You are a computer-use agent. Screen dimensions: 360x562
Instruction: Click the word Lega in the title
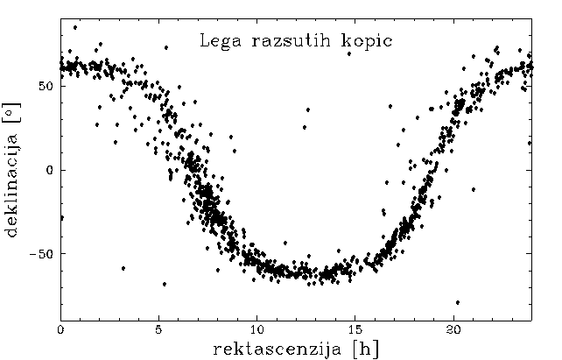[215, 40]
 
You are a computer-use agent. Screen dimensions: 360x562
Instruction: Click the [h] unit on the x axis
[362, 348]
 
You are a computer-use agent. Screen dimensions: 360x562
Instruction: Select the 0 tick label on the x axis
[60, 329]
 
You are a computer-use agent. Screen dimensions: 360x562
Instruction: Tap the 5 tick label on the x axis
[158, 329]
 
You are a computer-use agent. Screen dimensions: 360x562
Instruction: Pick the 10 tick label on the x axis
[256, 329]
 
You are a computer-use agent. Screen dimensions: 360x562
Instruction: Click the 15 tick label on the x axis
[355, 329]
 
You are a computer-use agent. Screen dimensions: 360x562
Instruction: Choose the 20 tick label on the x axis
[453, 329]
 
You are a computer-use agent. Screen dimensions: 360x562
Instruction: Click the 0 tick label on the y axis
[50, 170]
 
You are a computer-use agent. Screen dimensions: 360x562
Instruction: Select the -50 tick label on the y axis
[42, 254]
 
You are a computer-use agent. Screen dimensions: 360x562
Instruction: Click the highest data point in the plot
[75, 27]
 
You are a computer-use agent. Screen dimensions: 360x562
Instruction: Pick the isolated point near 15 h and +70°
[348, 53]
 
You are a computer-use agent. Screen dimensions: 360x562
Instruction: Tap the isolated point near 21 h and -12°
[474, 189]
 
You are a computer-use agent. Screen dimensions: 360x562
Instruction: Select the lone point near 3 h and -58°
[123, 268]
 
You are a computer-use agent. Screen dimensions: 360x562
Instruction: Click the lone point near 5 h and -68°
[165, 284]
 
